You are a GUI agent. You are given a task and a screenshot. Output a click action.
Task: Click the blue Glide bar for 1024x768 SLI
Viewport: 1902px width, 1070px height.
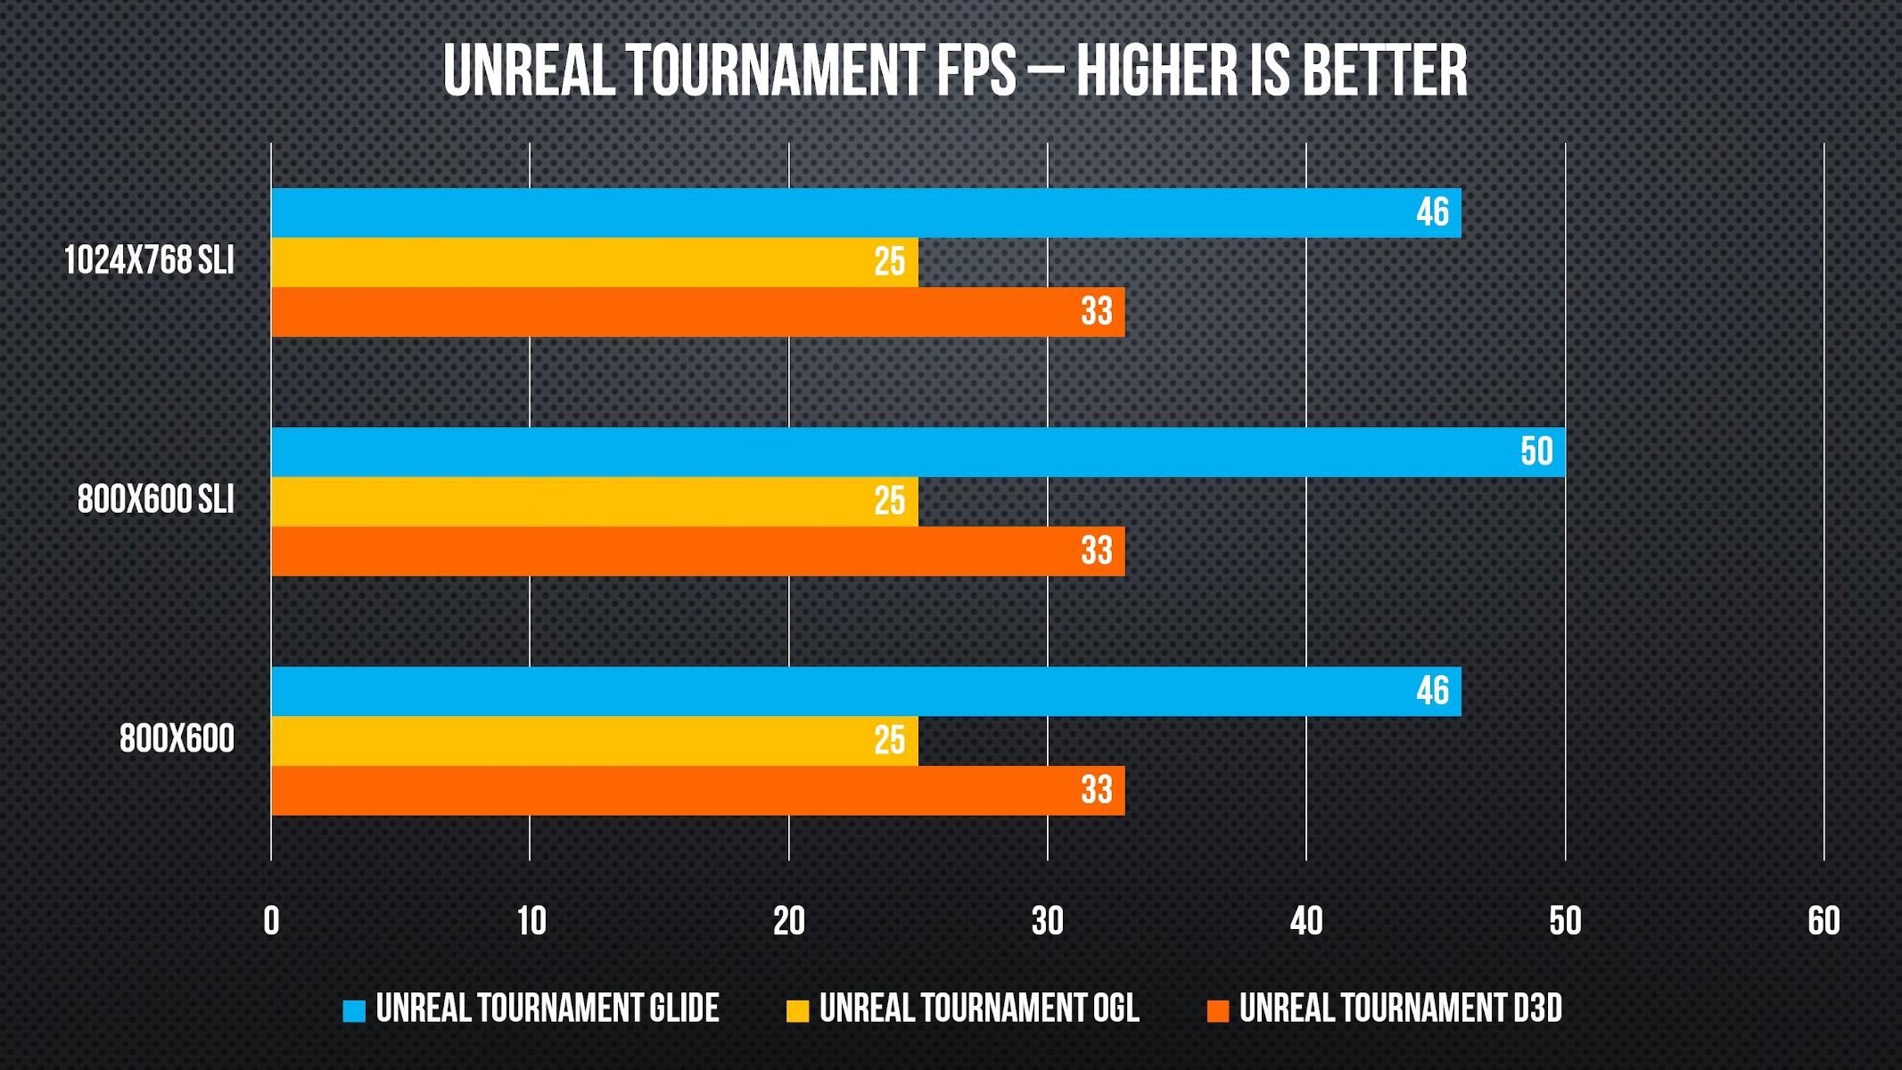coord(865,213)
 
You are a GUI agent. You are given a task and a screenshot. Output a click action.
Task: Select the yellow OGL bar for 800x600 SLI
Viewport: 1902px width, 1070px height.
coord(594,501)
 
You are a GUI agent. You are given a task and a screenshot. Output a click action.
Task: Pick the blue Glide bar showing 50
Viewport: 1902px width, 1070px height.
coord(918,452)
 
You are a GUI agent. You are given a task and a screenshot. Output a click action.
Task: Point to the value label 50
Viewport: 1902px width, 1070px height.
coord(1536,452)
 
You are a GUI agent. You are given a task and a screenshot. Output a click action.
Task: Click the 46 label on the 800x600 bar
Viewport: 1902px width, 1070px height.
coord(1432,691)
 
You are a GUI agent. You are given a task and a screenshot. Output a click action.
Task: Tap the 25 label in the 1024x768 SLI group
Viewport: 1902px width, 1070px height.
coord(889,262)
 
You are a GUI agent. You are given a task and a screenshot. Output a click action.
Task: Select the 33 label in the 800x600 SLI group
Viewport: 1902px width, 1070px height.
coord(1096,551)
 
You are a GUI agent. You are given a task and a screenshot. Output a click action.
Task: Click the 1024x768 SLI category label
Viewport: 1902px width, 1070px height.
coord(149,261)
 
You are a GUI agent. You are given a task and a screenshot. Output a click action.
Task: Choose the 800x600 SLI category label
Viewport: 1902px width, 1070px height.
coord(155,500)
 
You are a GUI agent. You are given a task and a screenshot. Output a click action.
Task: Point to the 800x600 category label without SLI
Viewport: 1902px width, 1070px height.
coord(177,739)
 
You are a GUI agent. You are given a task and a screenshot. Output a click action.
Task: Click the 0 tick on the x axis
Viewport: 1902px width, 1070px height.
coord(271,921)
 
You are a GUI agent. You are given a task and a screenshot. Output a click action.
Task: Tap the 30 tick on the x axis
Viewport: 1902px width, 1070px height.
coord(1048,921)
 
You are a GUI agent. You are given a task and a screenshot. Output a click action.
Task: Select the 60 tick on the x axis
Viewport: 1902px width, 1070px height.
coord(1824,921)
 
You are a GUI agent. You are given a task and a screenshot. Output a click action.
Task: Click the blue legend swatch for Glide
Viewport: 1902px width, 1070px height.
coord(354,1010)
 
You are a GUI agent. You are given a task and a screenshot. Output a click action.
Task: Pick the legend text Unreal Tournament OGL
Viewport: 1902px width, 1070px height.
coord(979,1008)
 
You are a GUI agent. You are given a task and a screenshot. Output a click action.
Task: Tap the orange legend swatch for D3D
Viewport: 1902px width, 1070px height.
coord(1217,1010)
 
